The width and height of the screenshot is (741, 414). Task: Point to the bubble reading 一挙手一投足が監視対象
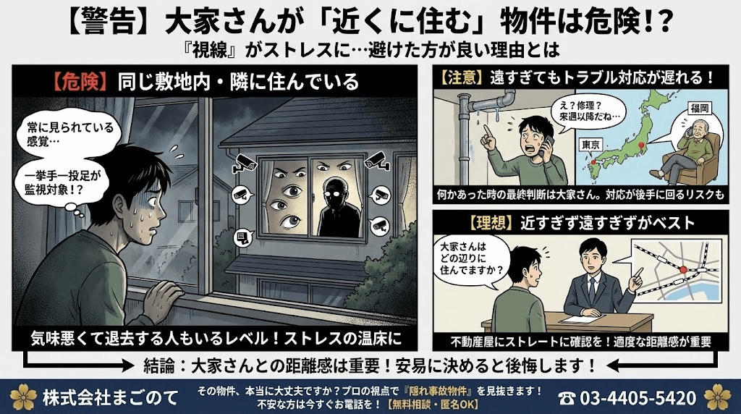[x=61, y=184]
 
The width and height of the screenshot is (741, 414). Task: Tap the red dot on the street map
[x=680, y=269]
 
